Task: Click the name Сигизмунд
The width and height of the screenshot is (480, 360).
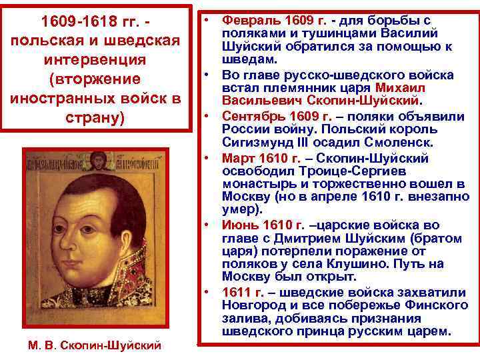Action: tap(255, 141)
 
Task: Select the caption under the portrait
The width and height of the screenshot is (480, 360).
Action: tap(95, 345)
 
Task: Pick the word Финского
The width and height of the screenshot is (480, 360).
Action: tap(431, 305)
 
